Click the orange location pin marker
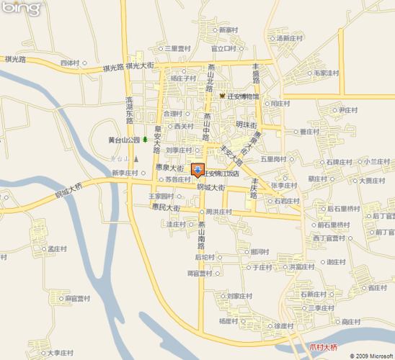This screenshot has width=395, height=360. pos(197,170)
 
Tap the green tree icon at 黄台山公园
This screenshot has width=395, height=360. pos(146,140)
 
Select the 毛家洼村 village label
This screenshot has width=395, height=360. pos(324,73)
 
